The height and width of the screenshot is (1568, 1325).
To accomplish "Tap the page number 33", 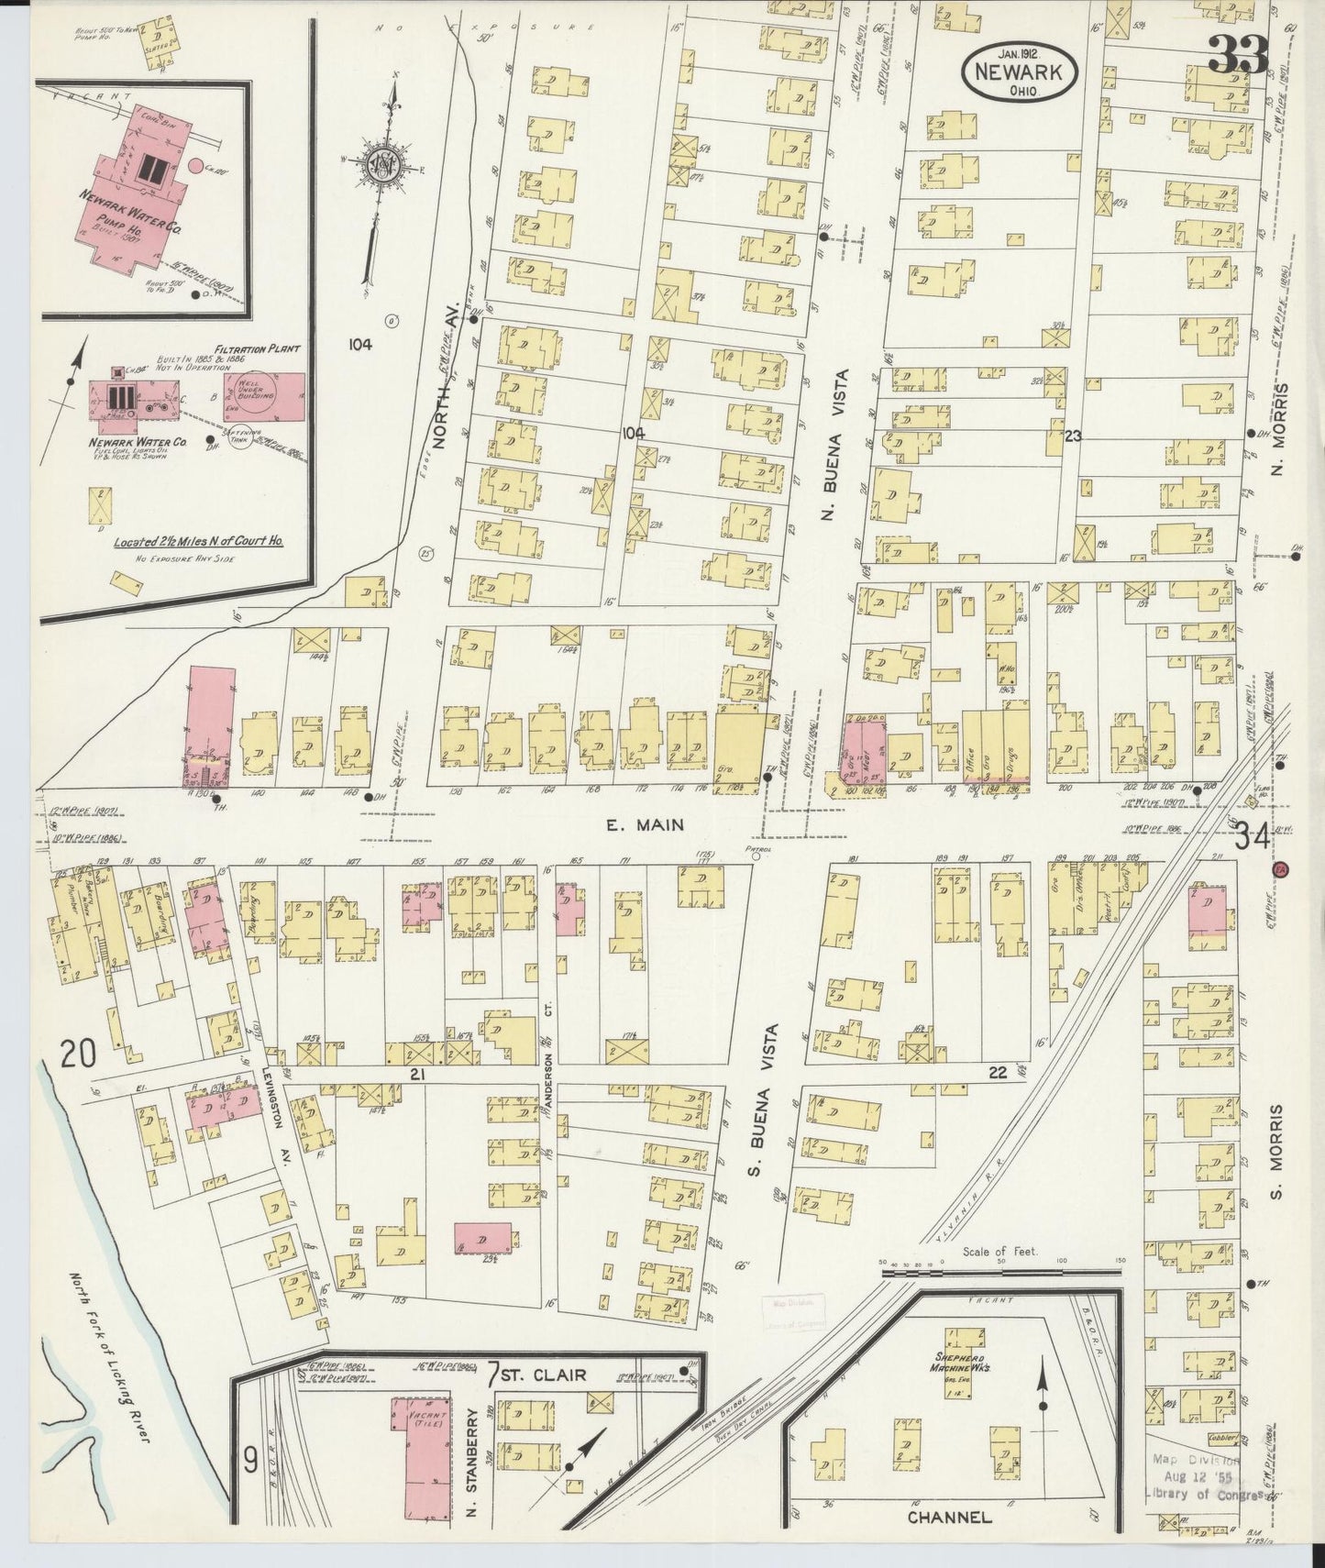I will pyautogui.click(x=1237, y=57).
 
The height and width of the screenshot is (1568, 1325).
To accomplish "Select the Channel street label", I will pyautogui.click(x=949, y=1518).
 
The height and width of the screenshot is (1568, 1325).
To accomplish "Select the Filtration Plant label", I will pyautogui.click(x=245, y=349).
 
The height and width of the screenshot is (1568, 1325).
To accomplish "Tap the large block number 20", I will pyautogui.click(x=77, y=1056).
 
